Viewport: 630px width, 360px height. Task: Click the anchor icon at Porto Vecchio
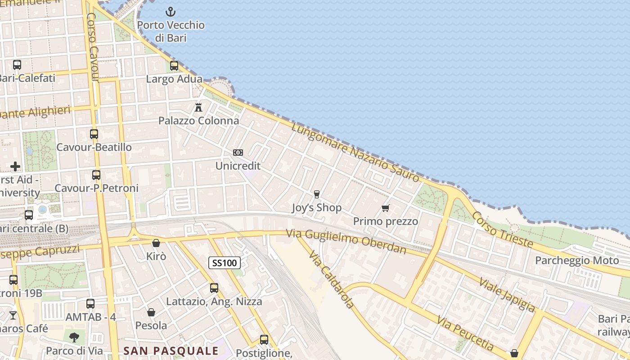[171, 11]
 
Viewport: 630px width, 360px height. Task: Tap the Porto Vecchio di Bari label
[171, 31]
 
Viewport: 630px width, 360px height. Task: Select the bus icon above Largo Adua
[174, 66]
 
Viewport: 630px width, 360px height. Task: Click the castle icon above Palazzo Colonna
[198, 107]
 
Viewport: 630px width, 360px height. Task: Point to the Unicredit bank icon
[238, 153]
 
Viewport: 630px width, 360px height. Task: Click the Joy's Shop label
[317, 208]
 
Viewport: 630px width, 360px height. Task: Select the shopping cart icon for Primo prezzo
[385, 208]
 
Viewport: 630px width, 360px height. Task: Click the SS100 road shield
[225, 263]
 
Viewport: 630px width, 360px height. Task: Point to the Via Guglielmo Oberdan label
[346, 241]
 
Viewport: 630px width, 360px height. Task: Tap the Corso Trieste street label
[502, 229]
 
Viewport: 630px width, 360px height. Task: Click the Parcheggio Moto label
[577, 261]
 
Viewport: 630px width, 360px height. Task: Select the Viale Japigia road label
[507, 295]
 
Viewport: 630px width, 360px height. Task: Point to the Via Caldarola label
[332, 279]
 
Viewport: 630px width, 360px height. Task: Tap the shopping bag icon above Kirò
[156, 243]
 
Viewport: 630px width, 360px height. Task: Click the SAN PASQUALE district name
[171, 351]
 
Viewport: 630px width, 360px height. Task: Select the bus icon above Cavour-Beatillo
[94, 134]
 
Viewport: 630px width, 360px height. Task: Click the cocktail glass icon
[13, 315]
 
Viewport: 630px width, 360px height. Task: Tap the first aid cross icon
[15, 166]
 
